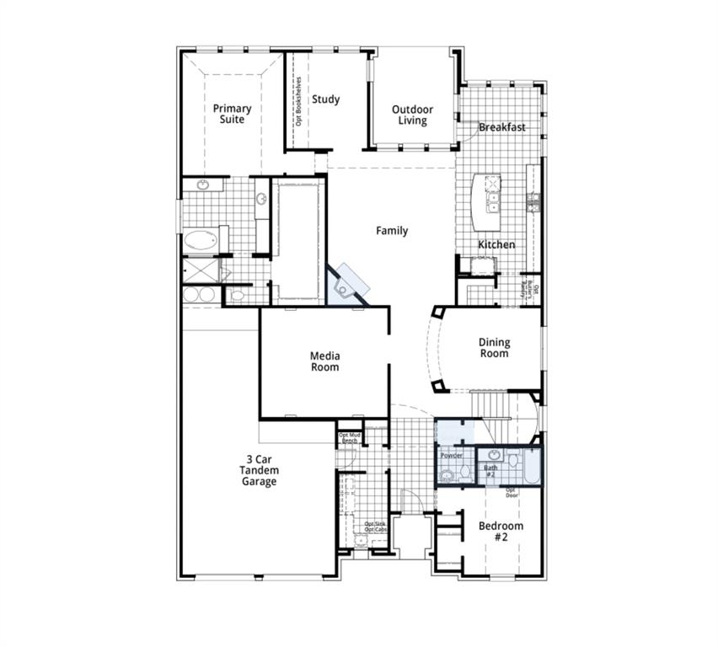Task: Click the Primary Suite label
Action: (232, 114)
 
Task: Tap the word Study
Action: (325, 99)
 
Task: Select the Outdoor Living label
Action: (412, 115)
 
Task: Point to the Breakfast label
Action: (502, 127)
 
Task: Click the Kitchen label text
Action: (496, 244)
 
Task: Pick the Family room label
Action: (392, 230)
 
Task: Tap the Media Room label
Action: (324, 361)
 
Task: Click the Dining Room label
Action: (494, 348)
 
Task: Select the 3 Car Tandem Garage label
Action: (258, 470)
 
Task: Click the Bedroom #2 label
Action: (501, 531)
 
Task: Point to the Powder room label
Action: (451, 456)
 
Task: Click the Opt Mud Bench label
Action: (349, 438)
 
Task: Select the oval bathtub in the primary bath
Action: (201, 241)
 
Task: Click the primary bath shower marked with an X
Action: (201, 270)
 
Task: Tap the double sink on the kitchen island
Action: (493, 203)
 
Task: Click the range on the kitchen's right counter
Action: (533, 202)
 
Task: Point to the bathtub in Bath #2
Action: (532, 468)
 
